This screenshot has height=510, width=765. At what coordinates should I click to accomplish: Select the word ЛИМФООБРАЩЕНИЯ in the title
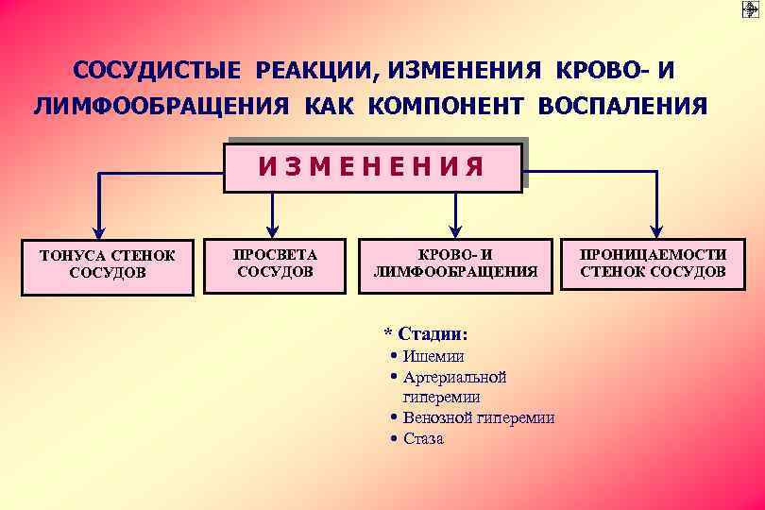[x=161, y=106]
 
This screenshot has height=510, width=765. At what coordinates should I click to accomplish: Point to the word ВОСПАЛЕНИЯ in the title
[x=621, y=106]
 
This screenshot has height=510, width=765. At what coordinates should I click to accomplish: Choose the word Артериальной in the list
[x=455, y=378]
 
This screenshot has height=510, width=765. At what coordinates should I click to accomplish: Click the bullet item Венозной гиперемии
[x=478, y=417]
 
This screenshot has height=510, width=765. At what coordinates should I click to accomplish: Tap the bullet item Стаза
[x=423, y=439]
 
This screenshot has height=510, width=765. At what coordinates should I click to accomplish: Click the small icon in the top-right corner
[x=751, y=10]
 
